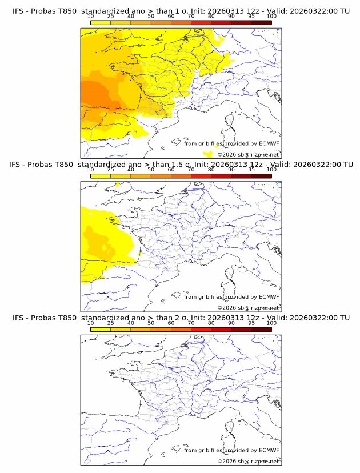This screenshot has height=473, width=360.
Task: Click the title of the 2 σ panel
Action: pos(181,318)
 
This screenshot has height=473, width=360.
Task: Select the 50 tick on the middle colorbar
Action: pos(151,170)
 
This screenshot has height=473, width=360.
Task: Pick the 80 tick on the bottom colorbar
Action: pos(211,323)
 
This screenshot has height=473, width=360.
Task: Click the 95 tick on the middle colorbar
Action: pos(251,170)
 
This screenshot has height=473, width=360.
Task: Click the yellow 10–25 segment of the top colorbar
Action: pos(101,23)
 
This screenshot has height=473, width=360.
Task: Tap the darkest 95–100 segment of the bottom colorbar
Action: pos(261,330)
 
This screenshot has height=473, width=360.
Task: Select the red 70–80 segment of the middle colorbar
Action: pos(201,176)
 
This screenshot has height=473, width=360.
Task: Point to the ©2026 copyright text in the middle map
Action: pos(248,307)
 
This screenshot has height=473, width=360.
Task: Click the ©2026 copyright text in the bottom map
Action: pos(248,461)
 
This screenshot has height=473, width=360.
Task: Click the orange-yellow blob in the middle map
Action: pos(97,240)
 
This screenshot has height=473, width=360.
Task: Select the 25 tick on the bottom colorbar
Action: pos(111,323)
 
